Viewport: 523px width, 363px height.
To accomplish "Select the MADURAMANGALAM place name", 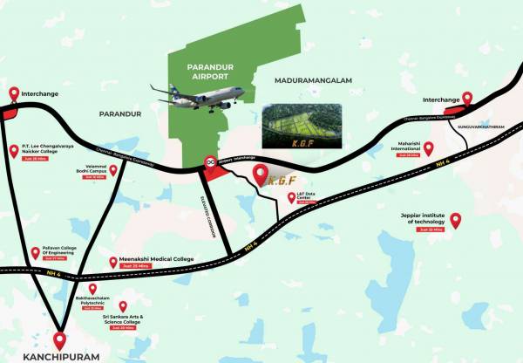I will click(313, 80).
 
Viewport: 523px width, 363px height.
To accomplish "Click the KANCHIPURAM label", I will click(58, 357).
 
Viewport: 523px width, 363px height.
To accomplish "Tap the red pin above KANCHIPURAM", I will click(59, 339).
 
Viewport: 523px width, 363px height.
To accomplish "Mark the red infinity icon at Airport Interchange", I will click(209, 162).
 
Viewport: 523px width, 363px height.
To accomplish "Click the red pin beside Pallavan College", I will click(36, 252).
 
